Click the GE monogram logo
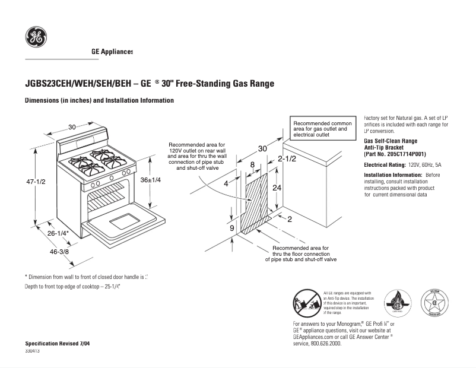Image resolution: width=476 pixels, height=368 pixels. pos(36,38)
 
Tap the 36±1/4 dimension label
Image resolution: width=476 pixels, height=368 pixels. pos(151,180)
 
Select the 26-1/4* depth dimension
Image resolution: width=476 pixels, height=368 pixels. pos(59,234)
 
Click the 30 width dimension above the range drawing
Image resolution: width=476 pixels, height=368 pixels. pos(72,127)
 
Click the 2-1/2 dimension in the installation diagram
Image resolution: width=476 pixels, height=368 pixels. pos(287,159)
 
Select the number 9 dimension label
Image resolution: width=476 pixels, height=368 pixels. pos(232,227)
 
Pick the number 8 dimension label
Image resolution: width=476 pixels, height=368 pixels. pos(252,164)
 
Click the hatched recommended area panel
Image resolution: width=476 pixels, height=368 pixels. pos(256,202)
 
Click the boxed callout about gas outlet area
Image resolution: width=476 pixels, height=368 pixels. pos(322,129)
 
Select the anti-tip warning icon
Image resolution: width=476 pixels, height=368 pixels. pos(307,303)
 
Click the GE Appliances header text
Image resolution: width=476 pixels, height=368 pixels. pos(112,52)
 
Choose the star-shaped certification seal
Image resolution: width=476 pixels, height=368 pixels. pos(434,303)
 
